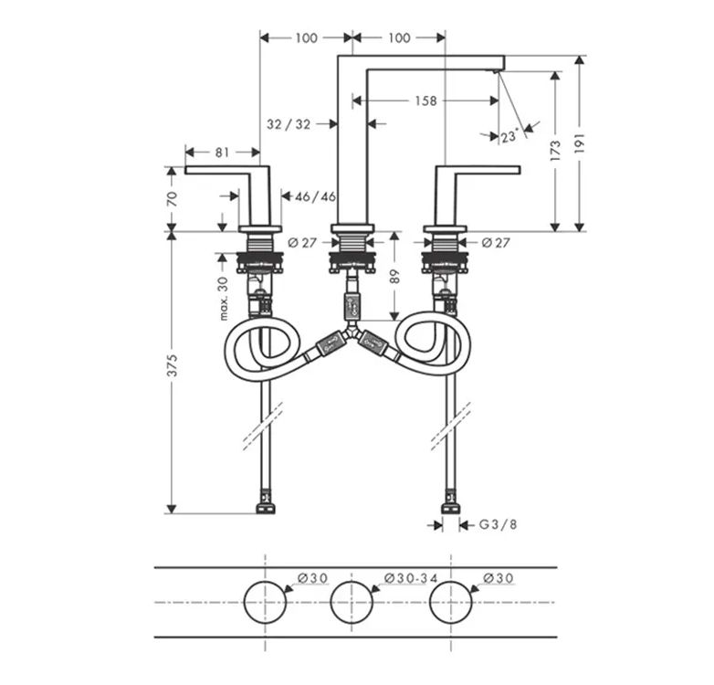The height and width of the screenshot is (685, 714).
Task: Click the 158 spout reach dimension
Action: click(x=425, y=100)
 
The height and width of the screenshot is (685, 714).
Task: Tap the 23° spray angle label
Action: click(x=509, y=136)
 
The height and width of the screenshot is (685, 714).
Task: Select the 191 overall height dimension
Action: click(x=579, y=143)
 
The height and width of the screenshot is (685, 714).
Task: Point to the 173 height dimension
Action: click(x=555, y=151)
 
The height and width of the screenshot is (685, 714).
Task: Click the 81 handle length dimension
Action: click(x=222, y=153)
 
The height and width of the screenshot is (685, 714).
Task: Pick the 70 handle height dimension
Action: click(x=172, y=199)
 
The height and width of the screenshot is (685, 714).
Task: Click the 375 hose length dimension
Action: click(x=172, y=365)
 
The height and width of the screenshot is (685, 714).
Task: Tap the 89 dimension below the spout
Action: click(x=394, y=277)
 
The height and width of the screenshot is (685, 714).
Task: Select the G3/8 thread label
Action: click(x=499, y=524)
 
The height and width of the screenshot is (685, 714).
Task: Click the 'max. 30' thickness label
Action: click(x=223, y=299)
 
